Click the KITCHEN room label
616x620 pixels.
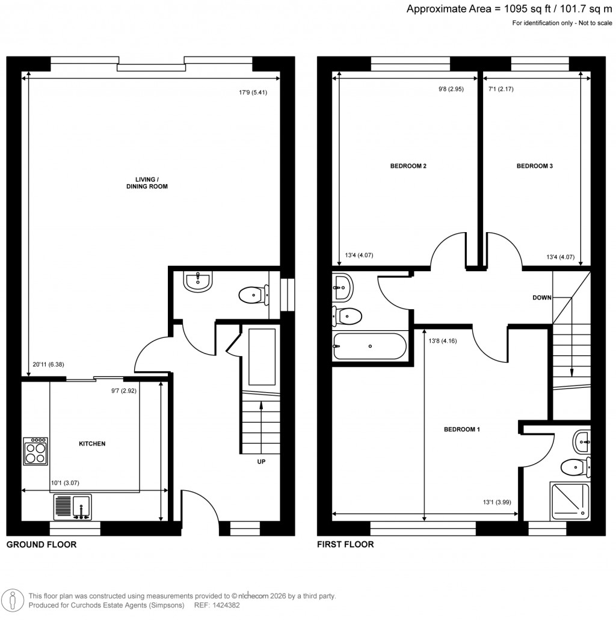(x=92, y=444)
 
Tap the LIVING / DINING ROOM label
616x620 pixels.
(x=151, y=183)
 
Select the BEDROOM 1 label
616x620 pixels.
(x=461, y=429)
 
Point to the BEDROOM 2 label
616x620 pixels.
(x=408, y=166)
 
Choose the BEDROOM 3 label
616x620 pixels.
(x=535, y=166)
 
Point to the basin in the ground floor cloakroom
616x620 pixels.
(x=197, y=281)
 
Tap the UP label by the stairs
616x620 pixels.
(x=260, y=462)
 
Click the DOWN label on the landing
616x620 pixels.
(x=542, y=298)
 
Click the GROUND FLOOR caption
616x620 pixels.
(x=41, y=545)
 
